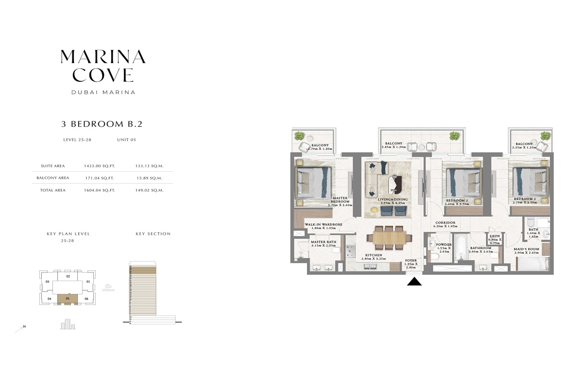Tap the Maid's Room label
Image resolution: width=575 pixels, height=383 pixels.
[527, 249]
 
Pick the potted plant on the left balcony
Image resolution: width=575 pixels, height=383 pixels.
[300, 136]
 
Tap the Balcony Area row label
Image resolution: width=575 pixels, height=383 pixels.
[53, 178]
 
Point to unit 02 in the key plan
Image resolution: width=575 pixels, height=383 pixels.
[68, 276]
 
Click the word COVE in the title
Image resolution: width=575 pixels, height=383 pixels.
[103, 75]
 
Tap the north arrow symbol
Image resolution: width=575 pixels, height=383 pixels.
[20, 328]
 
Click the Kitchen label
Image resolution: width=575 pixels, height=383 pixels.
[373, 255]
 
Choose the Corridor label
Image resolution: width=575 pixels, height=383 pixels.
[445, 223]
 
